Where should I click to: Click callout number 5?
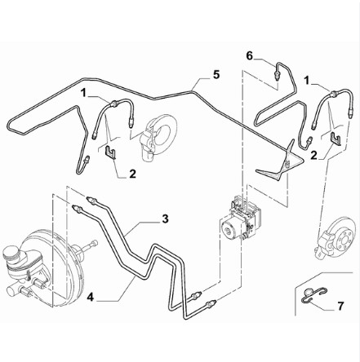point(216,75)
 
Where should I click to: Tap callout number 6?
point(250,56)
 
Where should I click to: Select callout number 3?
point(165,219)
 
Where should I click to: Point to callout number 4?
point(91,298)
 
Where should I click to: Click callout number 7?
point(340,306)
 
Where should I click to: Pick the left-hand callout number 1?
point(83,93)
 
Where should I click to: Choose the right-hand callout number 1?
point(307,81)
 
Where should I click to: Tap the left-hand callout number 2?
point(132,174)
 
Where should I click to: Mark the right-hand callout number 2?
point(314,156)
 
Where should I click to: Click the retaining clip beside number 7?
point(313,294)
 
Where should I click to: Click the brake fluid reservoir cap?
point(12,253)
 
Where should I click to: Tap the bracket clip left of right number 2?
point(336,139)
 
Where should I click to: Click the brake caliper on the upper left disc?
point(148,143)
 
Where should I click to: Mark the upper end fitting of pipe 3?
point(91,200)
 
